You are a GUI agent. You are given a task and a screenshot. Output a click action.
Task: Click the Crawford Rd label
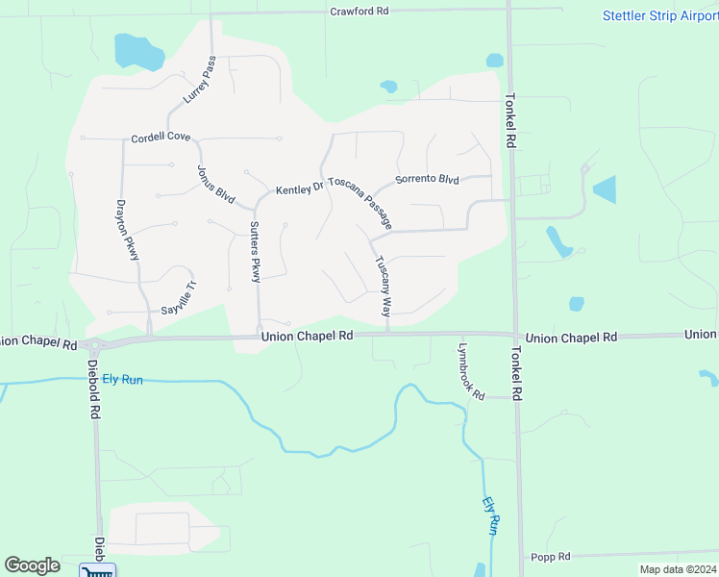359,12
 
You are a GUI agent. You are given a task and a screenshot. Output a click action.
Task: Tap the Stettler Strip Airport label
659,15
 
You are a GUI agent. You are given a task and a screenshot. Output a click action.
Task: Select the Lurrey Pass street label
200,80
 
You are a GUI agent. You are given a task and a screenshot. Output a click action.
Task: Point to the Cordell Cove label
161,137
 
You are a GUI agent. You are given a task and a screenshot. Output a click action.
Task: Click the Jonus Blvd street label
216,184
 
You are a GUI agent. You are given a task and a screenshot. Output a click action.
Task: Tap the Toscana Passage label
360,202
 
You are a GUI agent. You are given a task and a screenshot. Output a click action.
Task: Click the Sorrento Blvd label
428,180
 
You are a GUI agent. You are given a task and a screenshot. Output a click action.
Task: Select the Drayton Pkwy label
129,230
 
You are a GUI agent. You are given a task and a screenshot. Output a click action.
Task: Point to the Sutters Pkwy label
255,252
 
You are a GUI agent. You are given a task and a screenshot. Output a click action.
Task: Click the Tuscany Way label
383,287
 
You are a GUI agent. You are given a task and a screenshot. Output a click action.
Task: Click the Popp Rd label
551,557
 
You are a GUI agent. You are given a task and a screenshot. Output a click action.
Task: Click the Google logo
32,565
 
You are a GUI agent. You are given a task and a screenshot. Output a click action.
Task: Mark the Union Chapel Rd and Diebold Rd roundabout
94,344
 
